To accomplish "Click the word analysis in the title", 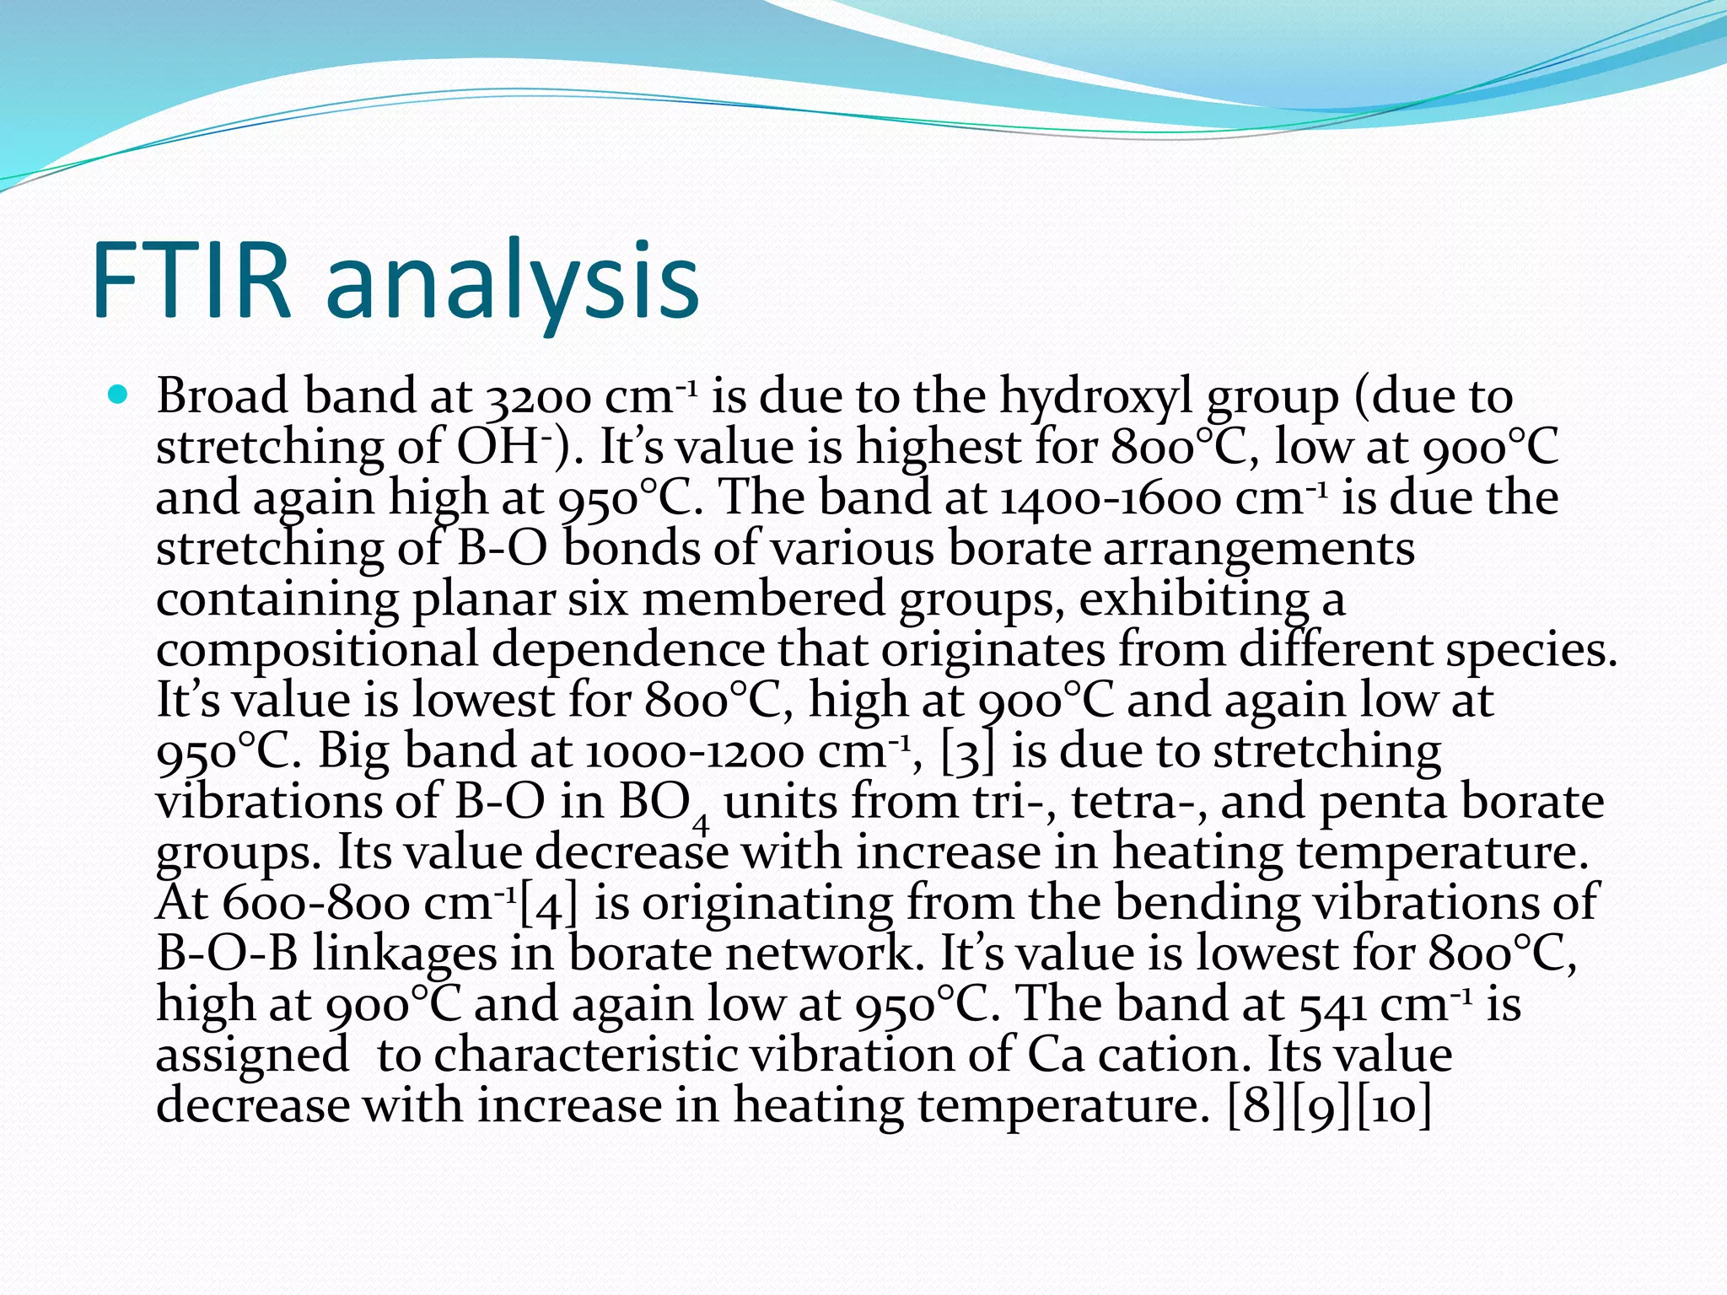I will click(512, 282).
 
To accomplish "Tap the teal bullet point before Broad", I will click(118, 394).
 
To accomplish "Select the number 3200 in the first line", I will click(537, 397).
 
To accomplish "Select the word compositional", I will click(316, 652).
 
